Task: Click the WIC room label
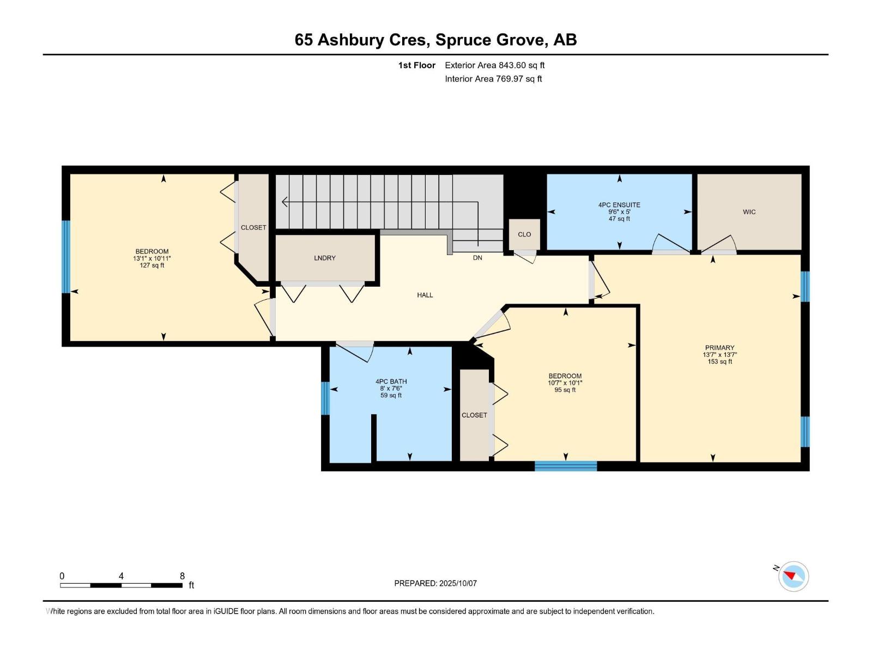click(x=749, y=212)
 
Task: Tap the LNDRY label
click(x=325, y=258)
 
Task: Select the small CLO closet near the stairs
click(x=524, y=234)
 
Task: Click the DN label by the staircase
click(x=477, y=258)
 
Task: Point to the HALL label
click(x=425, y=295)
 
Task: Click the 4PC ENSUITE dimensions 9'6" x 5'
click(x=619, y=212)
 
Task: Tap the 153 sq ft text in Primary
click(x=719, y=361)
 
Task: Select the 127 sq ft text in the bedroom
click(x=152, y=265)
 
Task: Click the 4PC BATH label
click(x=391, y=381)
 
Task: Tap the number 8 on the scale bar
click(x=182, y=576)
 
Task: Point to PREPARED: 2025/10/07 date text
click(x=435, y=583)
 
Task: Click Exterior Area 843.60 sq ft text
click(x=494, y=65)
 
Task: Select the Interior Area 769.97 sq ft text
click(x=493, y=79)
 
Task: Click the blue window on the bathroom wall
click(x=325, y=398)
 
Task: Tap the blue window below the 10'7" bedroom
click(x=566, y=466)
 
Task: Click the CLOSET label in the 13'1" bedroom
click(x=253, y=227)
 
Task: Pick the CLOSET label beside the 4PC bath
click(x=474, y=415)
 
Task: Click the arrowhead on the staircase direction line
click(x=284, y=202)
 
